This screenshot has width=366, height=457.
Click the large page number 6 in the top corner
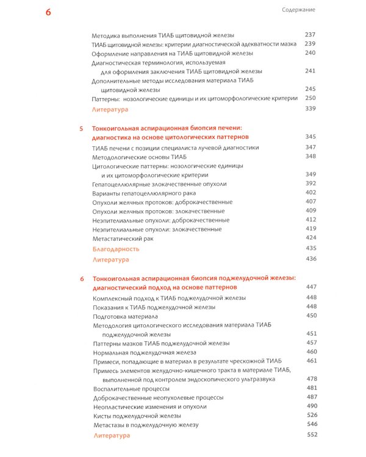[48, 13]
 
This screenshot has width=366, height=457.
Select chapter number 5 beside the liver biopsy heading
[81, 129]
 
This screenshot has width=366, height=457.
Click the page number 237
[310, 35]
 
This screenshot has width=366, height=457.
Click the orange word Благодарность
[116, 249]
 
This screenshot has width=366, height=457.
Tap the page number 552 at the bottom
[312, 434]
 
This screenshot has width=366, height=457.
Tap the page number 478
[312, 379]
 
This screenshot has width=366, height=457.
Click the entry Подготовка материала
[125, 317]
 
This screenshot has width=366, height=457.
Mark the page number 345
[310, 137]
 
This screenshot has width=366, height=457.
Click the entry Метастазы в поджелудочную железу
[146, 425]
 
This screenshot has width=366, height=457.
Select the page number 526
[312, 416]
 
